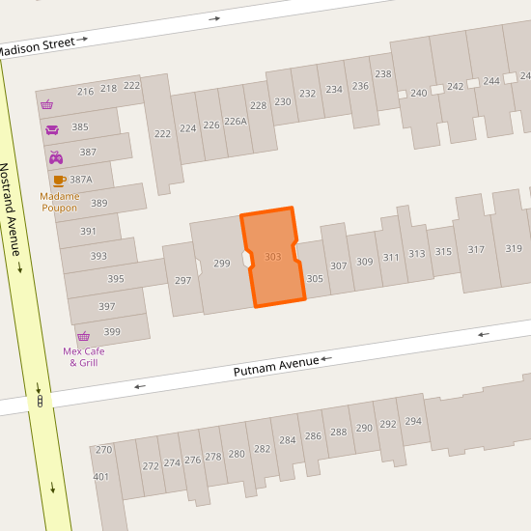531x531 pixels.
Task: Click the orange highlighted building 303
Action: (x=273, y=257)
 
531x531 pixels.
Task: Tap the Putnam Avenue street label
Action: (x=276, y=365)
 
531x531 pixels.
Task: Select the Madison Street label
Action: (x=36, y=45)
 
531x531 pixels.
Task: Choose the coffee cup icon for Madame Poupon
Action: (x=59, y=181)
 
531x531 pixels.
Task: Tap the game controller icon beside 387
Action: (x=56, y=156)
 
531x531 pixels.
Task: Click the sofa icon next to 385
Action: (x=52, y=129)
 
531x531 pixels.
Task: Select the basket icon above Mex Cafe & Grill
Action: (x=83, y=336)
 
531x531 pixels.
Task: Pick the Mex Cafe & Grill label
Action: (x=83, y=357)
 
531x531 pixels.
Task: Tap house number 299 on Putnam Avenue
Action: (x=222, y=264)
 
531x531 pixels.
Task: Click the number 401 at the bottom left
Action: (x=101, y=477)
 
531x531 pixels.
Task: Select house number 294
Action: (x=413, y=422)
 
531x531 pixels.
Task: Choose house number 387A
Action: (x=81, y=180)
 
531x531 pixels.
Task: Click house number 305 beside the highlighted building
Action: (x=315, y=278)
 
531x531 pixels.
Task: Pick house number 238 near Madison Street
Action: (x=383, y=74)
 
